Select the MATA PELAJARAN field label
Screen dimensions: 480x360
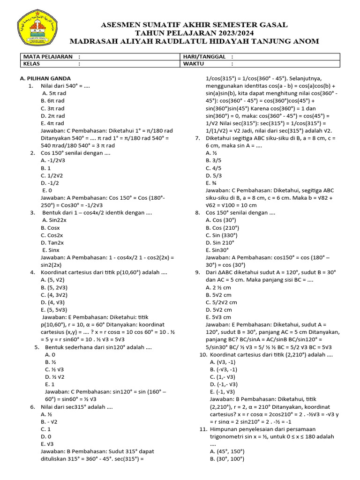[47, 57]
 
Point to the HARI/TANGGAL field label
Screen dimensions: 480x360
[202, 57]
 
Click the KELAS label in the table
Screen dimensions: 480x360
[31, 64]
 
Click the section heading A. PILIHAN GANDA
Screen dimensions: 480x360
[45, 79]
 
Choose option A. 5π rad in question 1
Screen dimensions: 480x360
[54, 93]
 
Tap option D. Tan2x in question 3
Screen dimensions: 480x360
[52, 242]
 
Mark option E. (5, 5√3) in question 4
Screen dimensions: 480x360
[54, 310]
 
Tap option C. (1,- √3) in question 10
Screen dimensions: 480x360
[223, 377]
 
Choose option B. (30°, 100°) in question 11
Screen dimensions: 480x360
[225, 459]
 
